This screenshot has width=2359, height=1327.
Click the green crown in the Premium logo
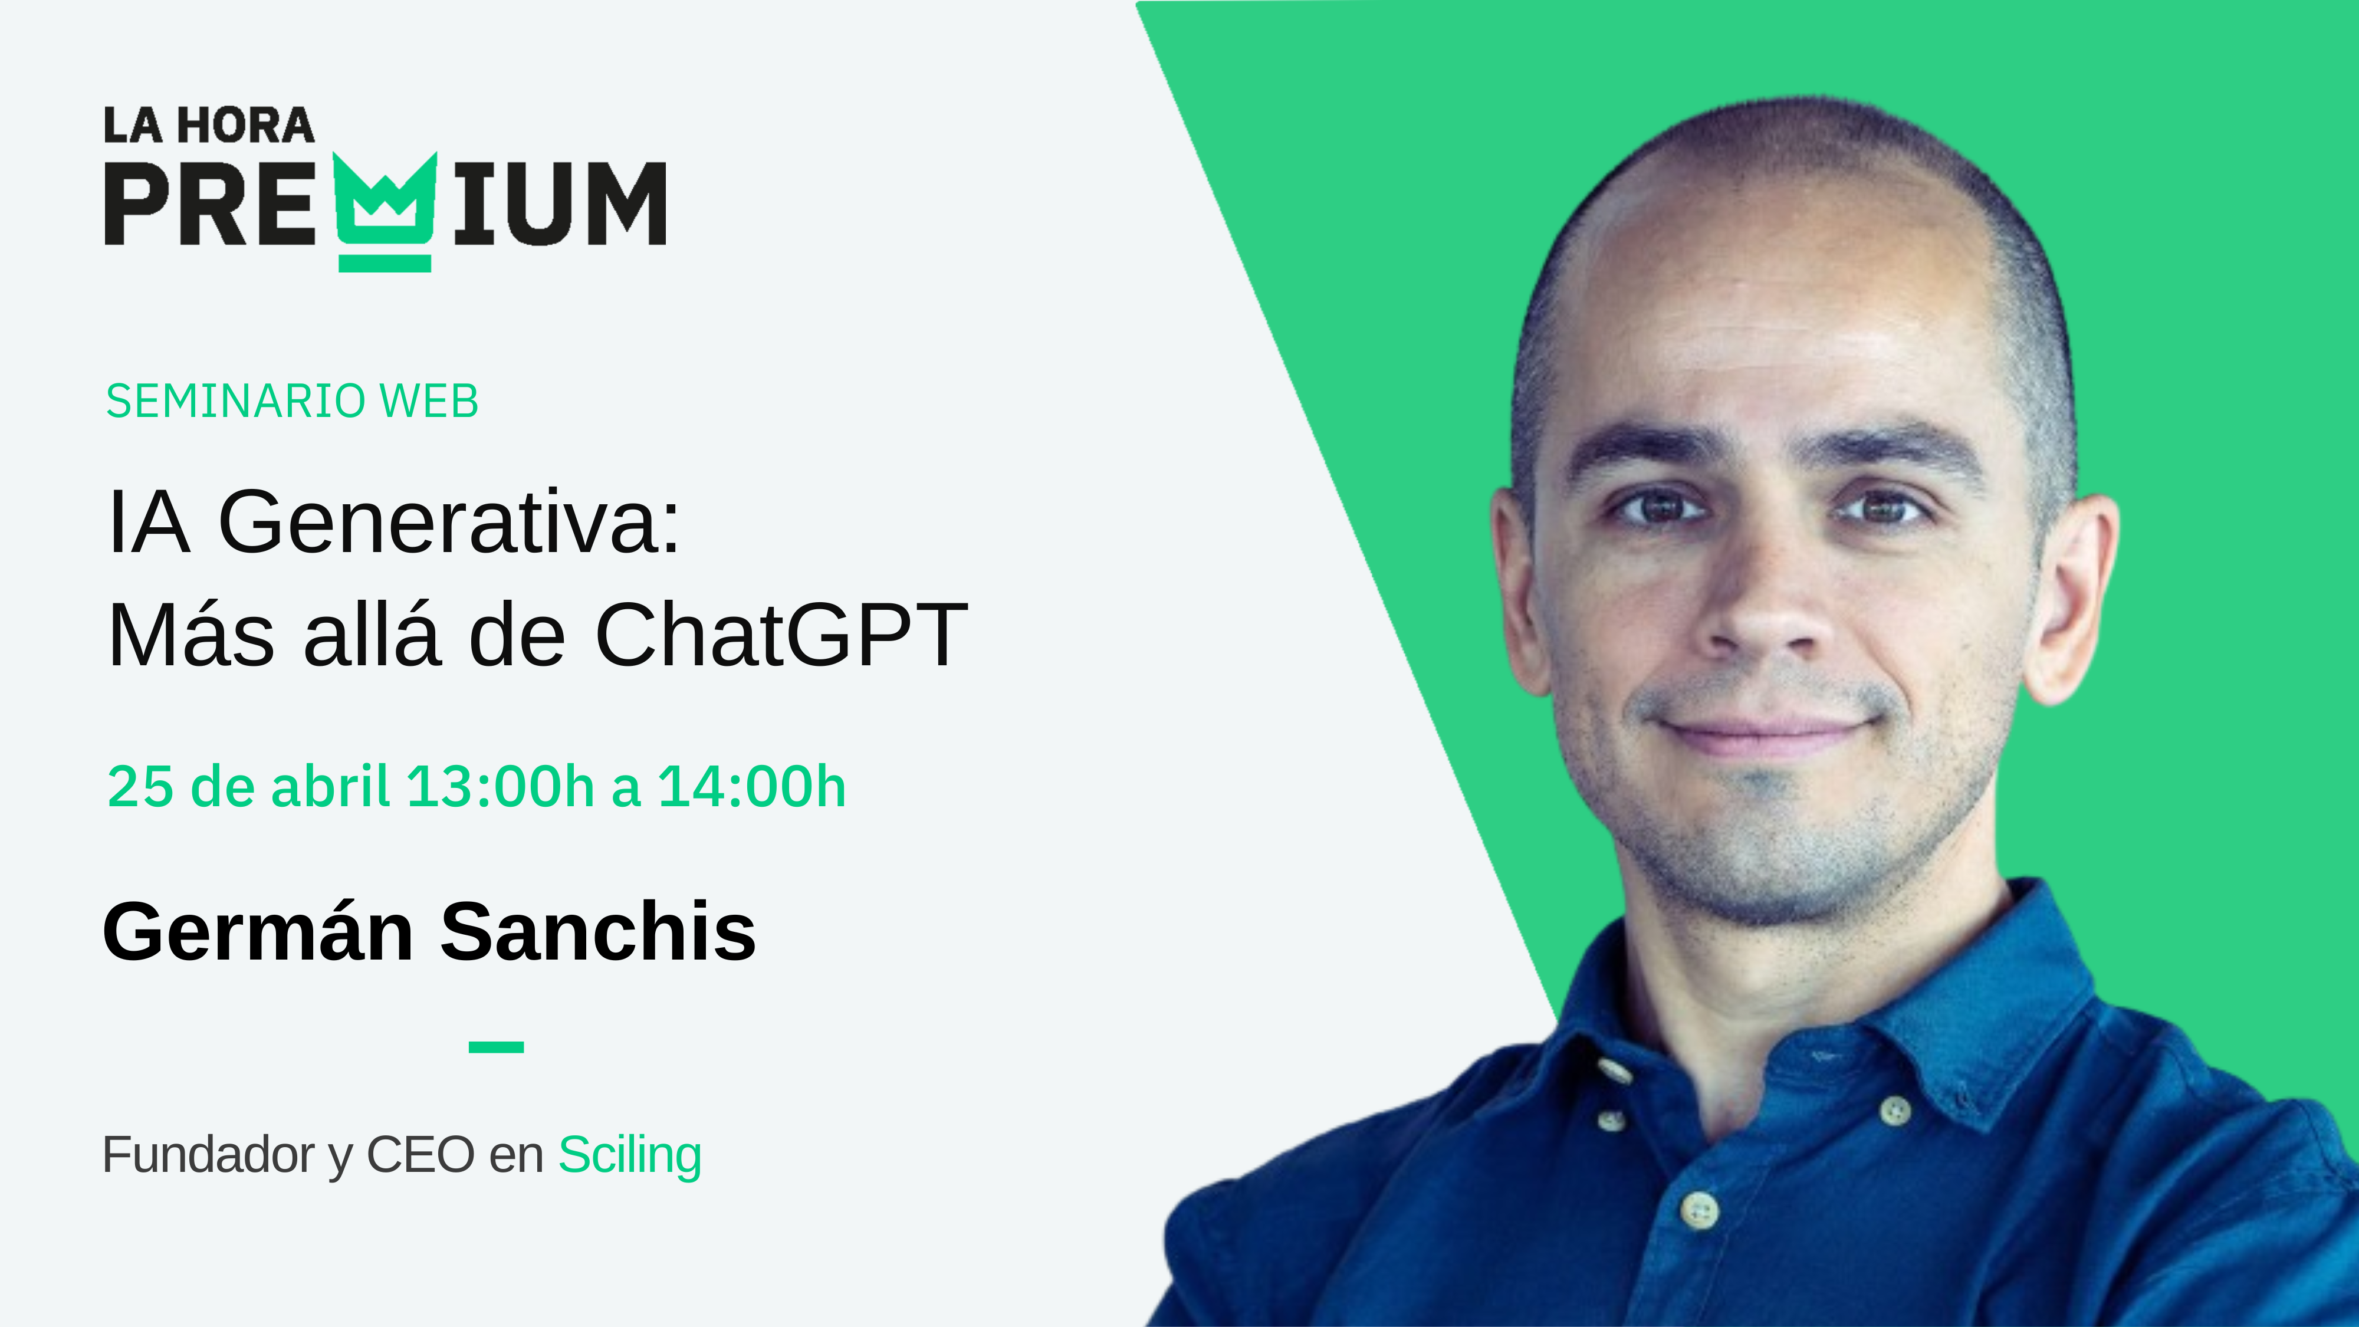point(385,212)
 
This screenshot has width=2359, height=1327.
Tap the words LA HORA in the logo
point(209,126)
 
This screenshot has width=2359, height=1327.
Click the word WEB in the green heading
point(429,401)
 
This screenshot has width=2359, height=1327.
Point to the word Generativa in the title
point(449,521)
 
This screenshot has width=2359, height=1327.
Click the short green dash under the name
point(497,1047)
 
